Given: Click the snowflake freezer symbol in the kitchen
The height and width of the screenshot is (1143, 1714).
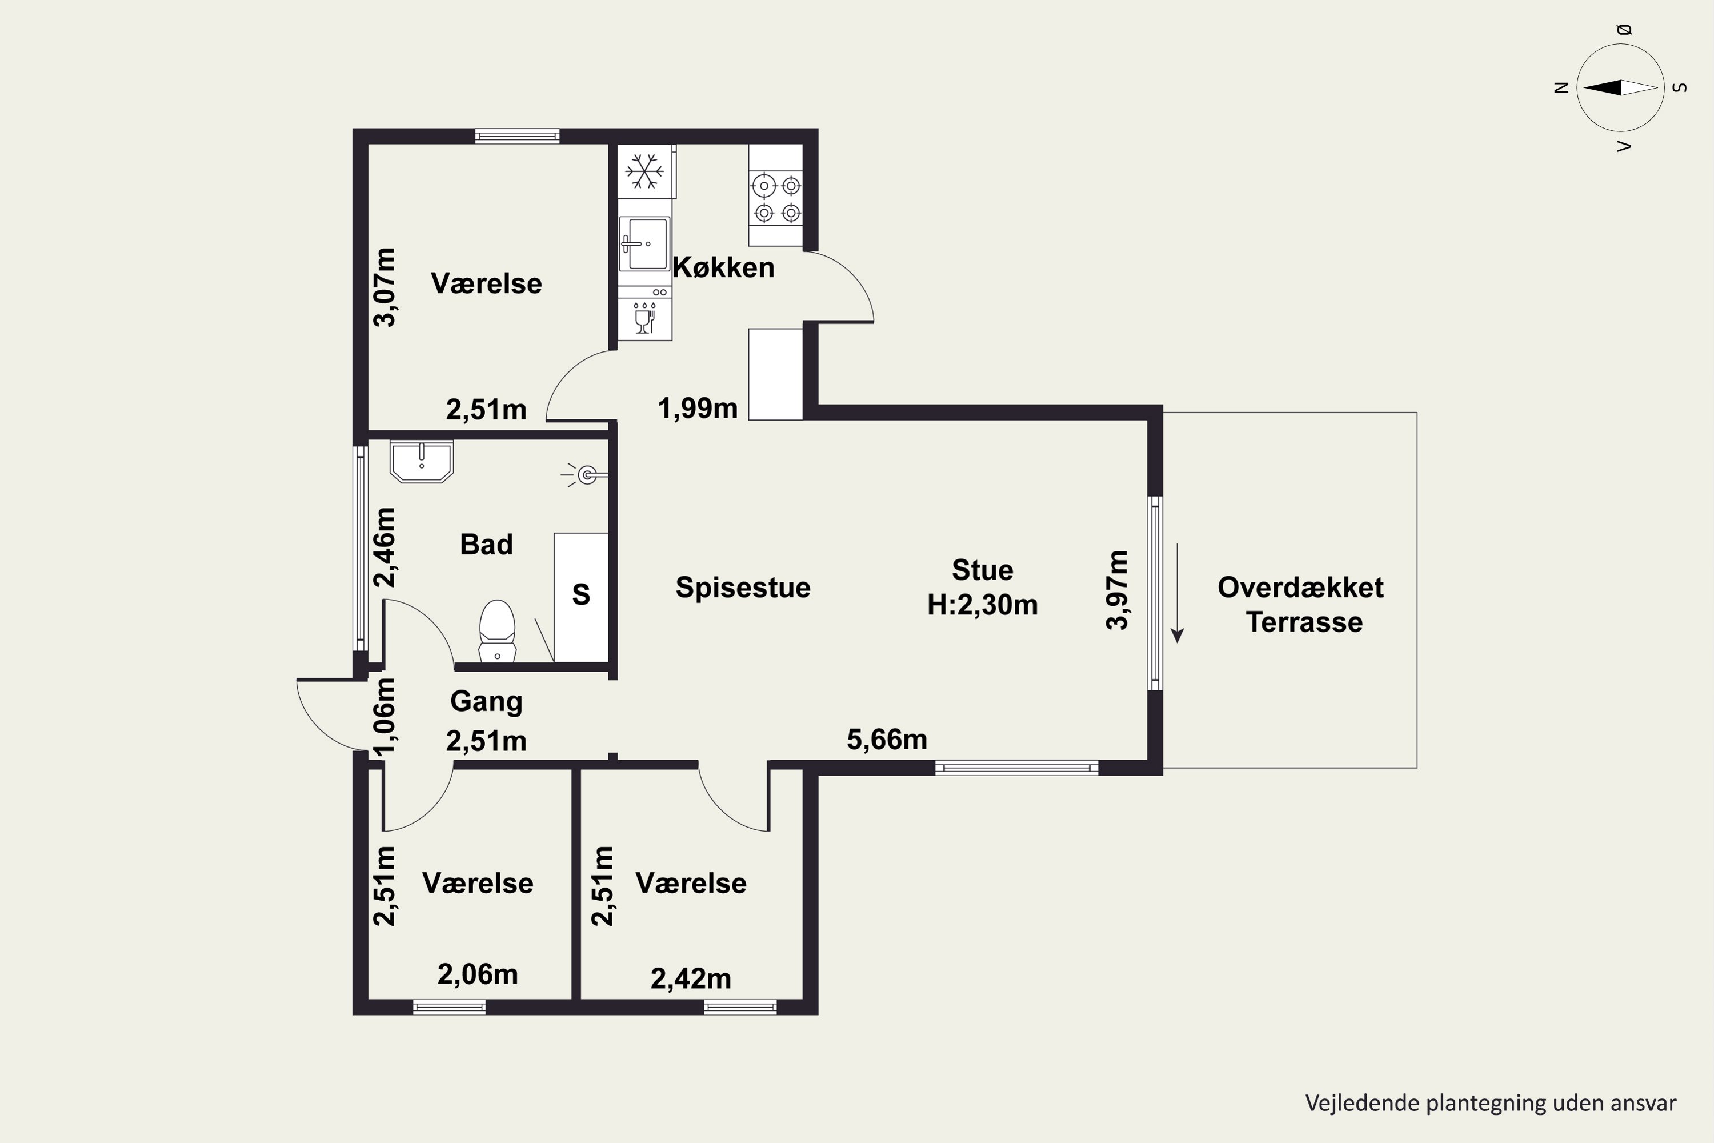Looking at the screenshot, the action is click(x=645, y=171).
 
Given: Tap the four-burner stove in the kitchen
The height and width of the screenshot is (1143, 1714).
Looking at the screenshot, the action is click(x=776, y=198).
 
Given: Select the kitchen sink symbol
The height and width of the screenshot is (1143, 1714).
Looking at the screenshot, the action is click(x=644, y=243).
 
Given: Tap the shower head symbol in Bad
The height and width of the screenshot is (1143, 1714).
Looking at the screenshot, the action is click(x=585, y=476).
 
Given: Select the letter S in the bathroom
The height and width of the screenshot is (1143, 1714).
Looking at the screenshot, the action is click(x=581, y=594).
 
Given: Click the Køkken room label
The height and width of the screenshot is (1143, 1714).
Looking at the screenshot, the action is click(x=723, y=267).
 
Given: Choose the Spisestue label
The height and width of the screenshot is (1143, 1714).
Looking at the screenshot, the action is click(x=743, y=588).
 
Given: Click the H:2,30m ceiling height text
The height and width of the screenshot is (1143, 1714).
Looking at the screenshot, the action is click(x=982, y=605).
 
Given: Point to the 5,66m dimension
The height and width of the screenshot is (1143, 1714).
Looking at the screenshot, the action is click(x=887, y=740).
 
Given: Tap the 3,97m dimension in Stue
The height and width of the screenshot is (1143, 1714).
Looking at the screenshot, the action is click(x=1117, y=590).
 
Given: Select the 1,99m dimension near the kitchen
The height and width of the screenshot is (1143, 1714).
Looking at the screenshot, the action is click(x=698, y=408).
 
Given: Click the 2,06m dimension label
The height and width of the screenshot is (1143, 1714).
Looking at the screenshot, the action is click(x=477, y=974).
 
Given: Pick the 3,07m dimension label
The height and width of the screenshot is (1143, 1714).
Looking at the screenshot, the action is click(x=384, y=287).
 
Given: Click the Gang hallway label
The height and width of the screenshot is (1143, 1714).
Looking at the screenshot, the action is click(x=486, y=701).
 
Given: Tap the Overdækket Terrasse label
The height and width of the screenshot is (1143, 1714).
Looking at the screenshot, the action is click(x=1301, y=604).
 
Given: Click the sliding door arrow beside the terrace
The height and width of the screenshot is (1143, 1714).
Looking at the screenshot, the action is click(x=1177, y=593).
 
